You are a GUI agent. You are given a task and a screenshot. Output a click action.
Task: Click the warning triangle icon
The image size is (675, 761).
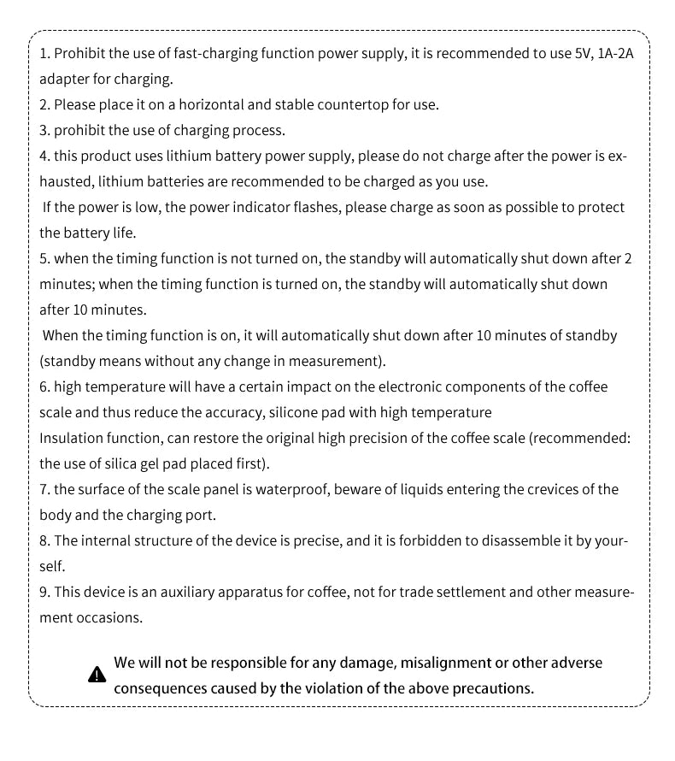point(97,675)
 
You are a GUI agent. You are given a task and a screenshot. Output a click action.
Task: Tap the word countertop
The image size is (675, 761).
point(353,105)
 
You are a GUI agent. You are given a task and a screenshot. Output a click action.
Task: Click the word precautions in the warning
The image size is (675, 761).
point(491,688)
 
